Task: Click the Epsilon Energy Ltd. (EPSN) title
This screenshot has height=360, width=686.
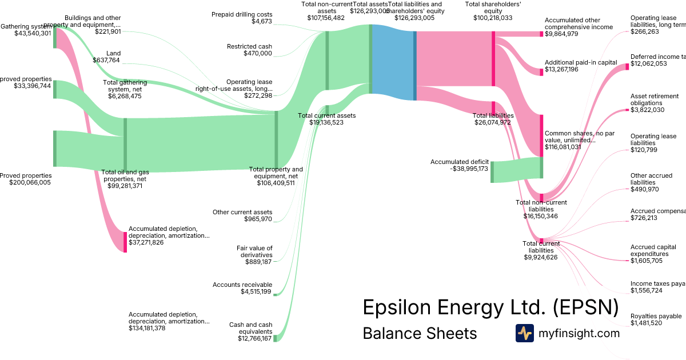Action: [x=490, y=307]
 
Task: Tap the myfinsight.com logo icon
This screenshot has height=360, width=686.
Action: [x=524, y=333]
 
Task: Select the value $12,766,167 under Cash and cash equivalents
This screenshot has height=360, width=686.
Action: [x=251, y=338]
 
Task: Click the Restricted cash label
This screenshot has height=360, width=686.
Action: [x=249, y=46]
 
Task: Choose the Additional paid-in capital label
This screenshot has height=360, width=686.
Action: [x=581, y=62]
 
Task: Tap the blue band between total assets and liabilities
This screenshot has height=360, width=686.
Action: [x=392, y=63]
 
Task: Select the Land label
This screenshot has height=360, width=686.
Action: [x=113, y=53]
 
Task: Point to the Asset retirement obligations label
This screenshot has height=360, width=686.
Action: [x=655, y=99]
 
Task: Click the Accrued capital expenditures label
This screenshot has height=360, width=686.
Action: [x=653, y=250]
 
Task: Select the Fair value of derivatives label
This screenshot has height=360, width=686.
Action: [x=254, y=251]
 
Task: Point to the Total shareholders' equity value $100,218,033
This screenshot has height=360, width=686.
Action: [x=492, y=18]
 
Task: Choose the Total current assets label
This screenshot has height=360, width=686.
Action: [x=326, y=115]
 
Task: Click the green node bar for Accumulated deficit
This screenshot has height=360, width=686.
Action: [x=492, y=172]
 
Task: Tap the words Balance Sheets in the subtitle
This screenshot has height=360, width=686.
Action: [x=420, y=333]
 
